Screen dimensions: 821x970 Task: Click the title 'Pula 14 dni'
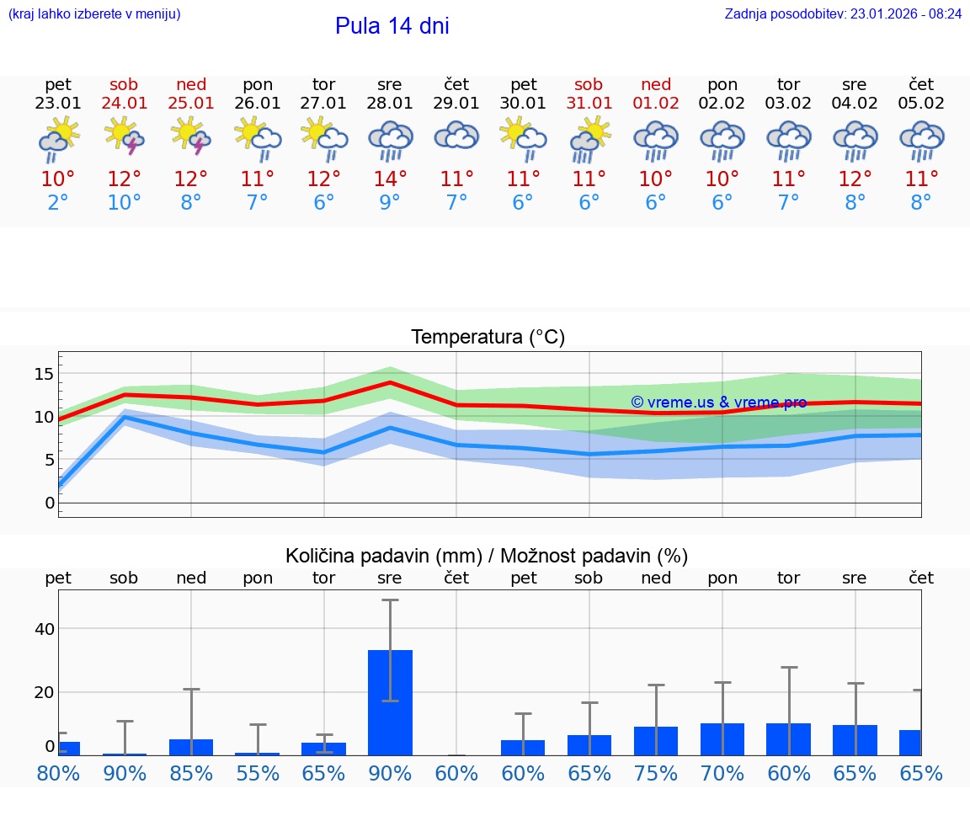coord(392,26)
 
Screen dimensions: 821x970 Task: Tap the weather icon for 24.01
coord(125,138)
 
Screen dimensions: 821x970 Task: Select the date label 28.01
coord(390,104)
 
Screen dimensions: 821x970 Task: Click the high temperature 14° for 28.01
coord(390,179)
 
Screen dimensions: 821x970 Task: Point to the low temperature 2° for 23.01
coord(58,203)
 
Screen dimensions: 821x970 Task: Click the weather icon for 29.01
coord(456,136)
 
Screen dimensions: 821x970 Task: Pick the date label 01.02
coord(656,104)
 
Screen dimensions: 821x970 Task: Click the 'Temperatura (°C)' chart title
coord(488,338)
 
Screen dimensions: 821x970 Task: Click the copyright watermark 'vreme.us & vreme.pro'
coord(718,403)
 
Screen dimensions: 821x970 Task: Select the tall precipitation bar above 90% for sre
coord(390,702)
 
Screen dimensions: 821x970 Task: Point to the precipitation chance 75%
coord(656,773)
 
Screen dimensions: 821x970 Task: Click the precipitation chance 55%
coord(258,773)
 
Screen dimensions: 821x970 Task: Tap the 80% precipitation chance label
coord(58,773)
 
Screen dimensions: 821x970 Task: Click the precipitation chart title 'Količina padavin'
coord(487,556)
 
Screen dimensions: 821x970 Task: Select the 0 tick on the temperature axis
coord(49,504)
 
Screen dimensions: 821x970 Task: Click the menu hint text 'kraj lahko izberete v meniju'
coord(94,14)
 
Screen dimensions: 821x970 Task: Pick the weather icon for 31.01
coord(589,138)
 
